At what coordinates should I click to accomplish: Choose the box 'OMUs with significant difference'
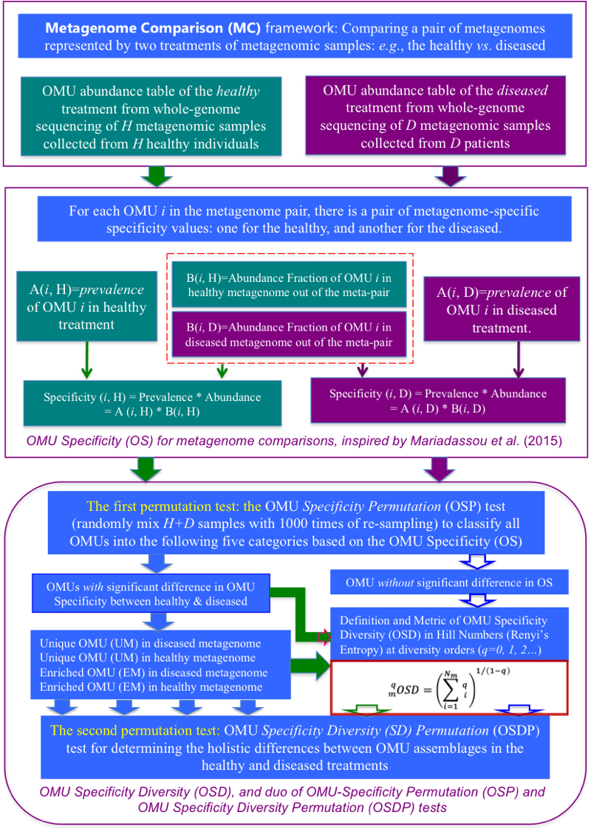pyautogui.click(x=145, y=593)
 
